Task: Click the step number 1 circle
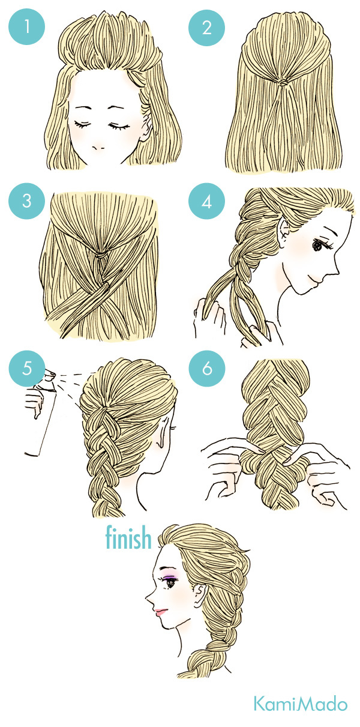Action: pos(26,26)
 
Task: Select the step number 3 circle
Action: pos(26,201)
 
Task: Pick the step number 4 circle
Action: pos(206,201)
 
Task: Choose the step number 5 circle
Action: pos(26,369)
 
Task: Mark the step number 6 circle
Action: pos(206,369)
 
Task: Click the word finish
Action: pos(128,537)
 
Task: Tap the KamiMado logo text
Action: pos(301,702)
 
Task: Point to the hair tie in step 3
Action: pos(102,255)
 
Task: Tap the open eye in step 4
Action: pos(317,246)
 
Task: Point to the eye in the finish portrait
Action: pos(170,584)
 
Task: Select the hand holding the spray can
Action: pos(34,404)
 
